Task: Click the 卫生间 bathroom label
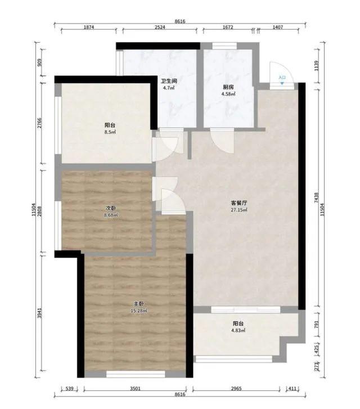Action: tap(169, 81)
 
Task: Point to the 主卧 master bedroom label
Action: tap(139, 304)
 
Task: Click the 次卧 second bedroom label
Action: tap(111, 208)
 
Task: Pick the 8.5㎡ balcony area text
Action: tap(110, 132)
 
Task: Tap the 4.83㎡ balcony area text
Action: tap(238, 330)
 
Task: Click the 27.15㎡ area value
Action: tap(239, 210)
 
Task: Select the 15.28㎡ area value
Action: tap(139, 311)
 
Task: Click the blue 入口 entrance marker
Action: tap(282, 79)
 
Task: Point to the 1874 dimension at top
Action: tap(89, 27)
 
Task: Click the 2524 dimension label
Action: tap(160, 27)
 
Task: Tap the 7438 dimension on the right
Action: tap(317, 197)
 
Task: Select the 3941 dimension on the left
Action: tap(39, 313)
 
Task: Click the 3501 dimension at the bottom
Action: tap(135, 389)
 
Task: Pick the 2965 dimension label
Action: tap(236, 389)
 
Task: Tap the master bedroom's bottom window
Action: tap(136, 374)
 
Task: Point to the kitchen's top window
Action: tap(224, 46)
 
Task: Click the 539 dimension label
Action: tap(69, 389)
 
